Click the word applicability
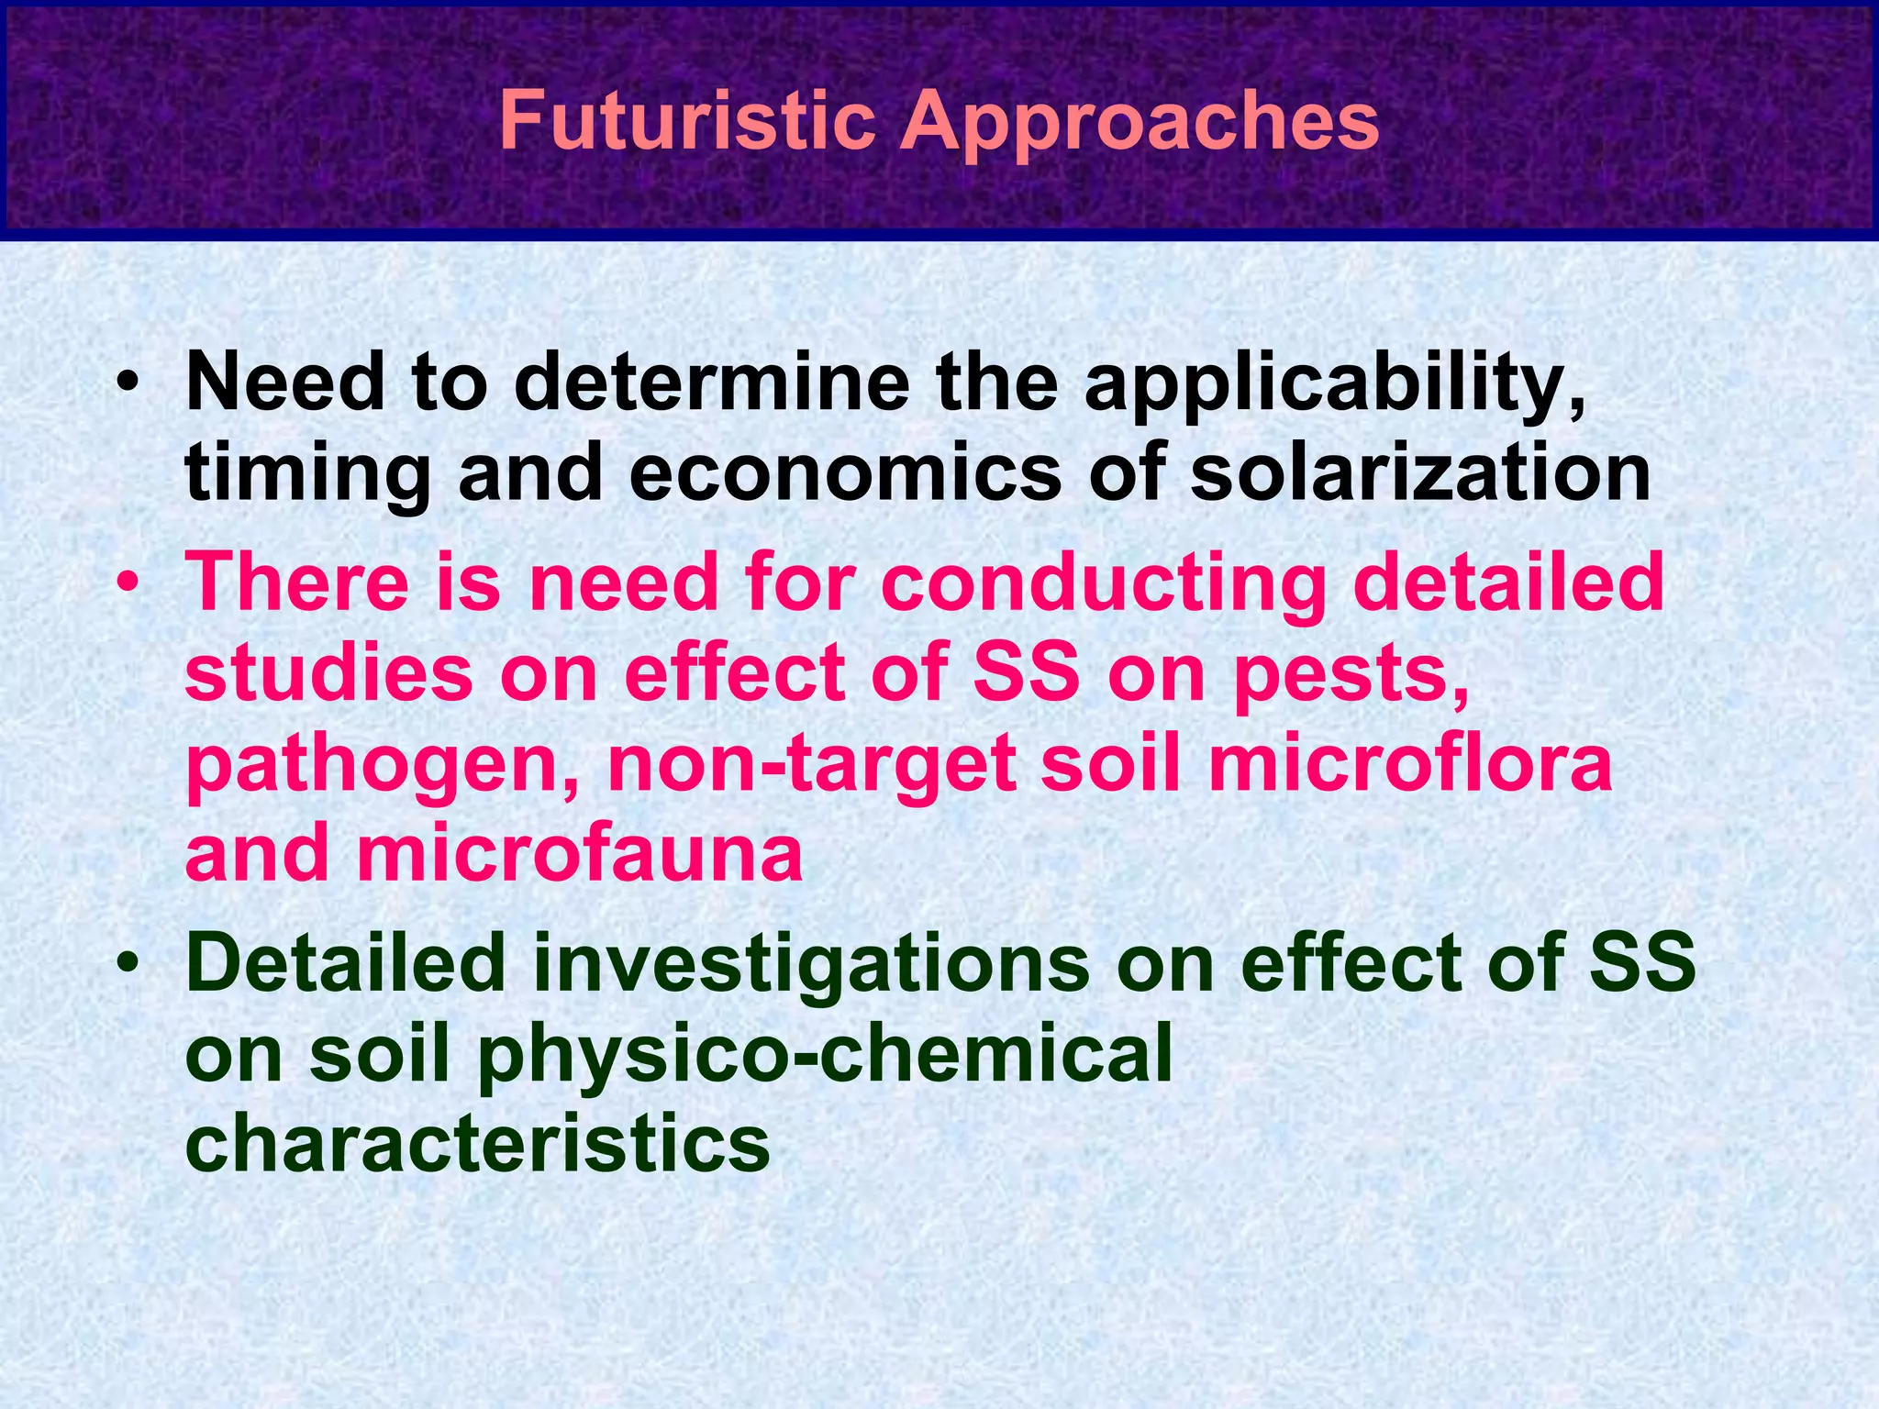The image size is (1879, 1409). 1336,385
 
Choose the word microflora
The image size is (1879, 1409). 1409,763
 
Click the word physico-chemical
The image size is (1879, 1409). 825,1056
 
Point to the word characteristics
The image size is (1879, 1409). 477,1143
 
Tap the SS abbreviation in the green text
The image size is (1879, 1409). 1642,962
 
